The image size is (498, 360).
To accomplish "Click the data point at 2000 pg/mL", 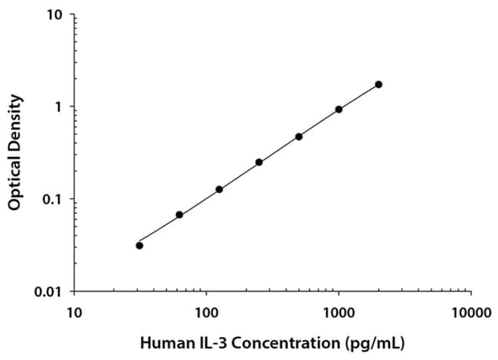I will click(x=378, y=84).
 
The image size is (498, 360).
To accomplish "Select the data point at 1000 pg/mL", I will click(x=339, y=109).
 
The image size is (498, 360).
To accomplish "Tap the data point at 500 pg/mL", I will click(x=299, y=136).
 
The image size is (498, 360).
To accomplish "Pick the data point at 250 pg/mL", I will click(x=259, y=162).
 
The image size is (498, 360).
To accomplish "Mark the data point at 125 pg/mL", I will click(x=219, y=189).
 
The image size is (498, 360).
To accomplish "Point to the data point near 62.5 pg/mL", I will click(x=179, y=215).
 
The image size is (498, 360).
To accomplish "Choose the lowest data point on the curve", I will click(x=139, y=245).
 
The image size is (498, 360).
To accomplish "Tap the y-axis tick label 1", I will click(x=61, y=107).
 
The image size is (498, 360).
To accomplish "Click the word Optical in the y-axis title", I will click(x=14, y=181).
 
